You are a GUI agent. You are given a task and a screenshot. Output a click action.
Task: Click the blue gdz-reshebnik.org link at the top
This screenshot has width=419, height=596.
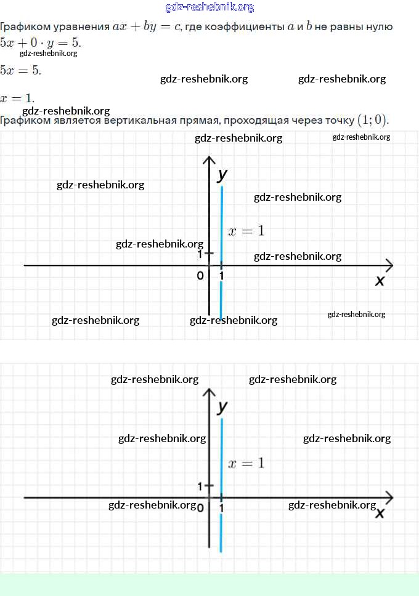click(209, 7)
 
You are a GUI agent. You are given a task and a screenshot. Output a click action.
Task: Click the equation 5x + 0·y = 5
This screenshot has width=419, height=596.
click(40, 43)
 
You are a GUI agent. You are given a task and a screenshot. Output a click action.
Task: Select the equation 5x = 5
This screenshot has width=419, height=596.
click(21, 70)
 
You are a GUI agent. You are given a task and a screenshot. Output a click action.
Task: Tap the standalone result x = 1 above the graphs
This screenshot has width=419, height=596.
click(17, 98)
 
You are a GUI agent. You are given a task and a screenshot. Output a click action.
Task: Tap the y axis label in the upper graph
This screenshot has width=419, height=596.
click(222, 174)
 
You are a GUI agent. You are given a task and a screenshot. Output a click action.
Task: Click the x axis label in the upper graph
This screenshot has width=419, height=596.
click(380, 281)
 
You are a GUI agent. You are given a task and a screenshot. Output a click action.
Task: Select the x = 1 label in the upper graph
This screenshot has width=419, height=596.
click(246, 231)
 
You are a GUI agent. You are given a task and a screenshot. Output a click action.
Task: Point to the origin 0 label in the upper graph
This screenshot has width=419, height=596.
click(200, 276)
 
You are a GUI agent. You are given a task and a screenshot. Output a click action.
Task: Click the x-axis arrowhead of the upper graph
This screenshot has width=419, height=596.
click(388, 265)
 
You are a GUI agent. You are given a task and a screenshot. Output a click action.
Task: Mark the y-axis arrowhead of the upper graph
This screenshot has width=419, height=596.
click(209, 161)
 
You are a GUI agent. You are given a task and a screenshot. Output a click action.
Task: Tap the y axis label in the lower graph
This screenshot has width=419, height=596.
click(223, 406)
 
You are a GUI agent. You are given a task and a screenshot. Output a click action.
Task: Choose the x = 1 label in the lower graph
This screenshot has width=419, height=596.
click(246, 463)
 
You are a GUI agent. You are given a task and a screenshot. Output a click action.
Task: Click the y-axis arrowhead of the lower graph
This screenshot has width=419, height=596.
click(209, 393)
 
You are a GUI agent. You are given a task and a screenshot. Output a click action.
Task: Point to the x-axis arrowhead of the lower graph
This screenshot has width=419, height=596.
click(388, 497)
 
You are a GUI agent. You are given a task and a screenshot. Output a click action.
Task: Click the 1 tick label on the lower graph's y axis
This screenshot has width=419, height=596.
click(200, 486)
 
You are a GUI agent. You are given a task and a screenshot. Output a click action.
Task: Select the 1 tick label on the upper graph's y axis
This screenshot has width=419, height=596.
click(200, 254)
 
